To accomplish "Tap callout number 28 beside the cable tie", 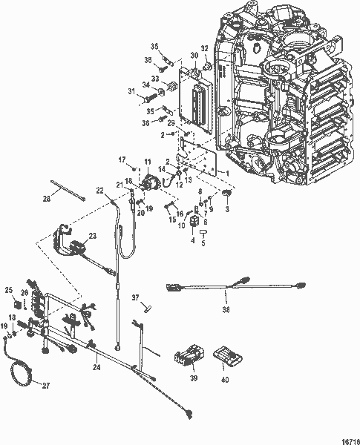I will point(46,199).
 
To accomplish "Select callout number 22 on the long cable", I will point(99,190).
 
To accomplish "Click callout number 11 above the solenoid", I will point(147,162).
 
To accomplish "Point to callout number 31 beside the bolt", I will point(131,92).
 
